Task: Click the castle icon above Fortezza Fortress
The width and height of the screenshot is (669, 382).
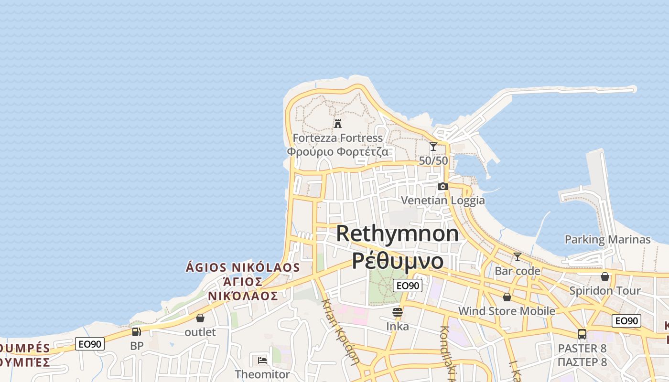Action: (338, 124)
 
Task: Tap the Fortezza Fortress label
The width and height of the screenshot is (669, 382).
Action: (338, 138)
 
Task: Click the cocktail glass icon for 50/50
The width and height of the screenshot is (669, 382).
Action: (433, 147)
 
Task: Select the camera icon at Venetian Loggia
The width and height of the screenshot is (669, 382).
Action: (443, 186)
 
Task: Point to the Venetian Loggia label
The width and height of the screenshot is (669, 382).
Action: (443, 200)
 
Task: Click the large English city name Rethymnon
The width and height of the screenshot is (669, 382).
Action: (398, 233)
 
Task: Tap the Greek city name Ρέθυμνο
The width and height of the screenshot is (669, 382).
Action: (398, 261)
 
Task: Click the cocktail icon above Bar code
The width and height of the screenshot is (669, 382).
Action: (517, 257)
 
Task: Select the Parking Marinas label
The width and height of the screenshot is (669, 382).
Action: (608, 239)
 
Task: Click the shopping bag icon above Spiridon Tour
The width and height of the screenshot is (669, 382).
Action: (605, 276)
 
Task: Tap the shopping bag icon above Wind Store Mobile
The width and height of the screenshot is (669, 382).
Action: (507, 297)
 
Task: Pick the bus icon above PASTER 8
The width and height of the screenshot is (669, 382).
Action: (582, 334)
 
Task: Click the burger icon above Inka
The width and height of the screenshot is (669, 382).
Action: (398, 312)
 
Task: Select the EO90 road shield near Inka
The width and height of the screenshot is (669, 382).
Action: (407, 286)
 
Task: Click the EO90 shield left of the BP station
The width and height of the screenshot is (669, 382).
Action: (90, 344)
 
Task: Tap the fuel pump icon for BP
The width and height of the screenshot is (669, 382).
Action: (137, 331)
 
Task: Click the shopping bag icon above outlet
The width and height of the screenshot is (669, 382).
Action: (200, 318)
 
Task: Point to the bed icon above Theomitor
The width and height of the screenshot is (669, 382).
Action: (262, 360)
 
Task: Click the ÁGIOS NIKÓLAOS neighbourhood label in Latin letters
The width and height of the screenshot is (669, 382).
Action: (243, 267)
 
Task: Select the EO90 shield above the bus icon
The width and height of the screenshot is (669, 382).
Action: (626, 321)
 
